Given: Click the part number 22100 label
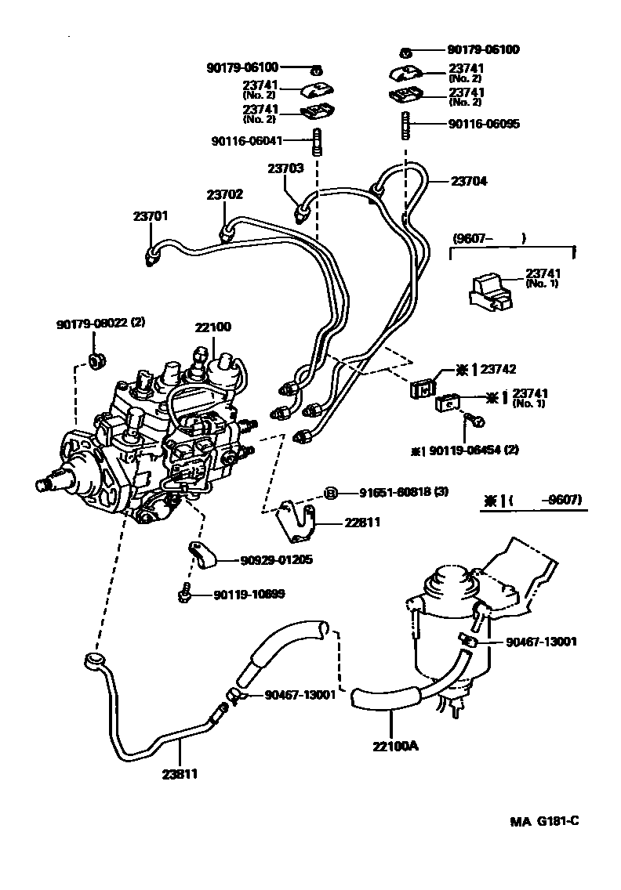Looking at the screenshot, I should click(213, 327).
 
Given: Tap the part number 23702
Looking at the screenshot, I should click(224, 195).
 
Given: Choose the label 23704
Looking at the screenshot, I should click(469, 181).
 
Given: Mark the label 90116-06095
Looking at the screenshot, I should click(484, 124).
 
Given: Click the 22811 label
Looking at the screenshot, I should click(361, 522).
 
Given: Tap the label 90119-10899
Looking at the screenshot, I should click(249, 595).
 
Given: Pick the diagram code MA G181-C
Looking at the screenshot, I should click(544, 821).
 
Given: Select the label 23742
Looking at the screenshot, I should click(499, 368).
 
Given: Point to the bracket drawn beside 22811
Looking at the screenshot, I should click(298, 520).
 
